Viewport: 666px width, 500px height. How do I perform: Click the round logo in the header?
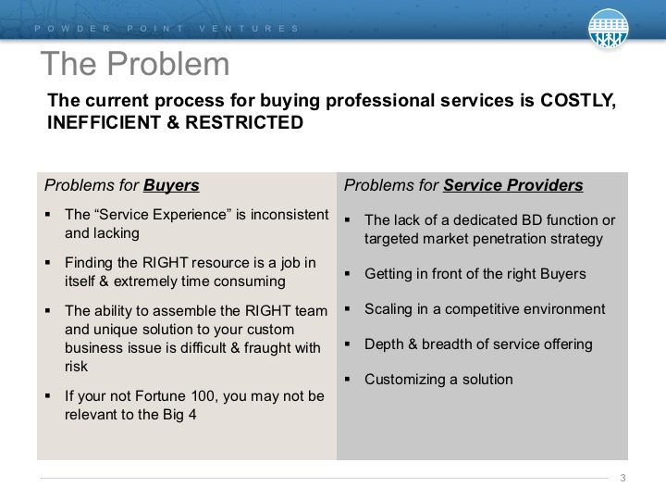tap(609, 28)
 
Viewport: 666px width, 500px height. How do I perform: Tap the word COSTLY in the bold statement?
tap(577, 101)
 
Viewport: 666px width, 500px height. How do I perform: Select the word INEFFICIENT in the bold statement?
tap(104, 122)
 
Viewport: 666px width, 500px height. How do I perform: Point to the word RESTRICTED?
tap(244, 122)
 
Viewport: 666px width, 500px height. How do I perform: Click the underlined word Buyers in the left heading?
tap(171, 186)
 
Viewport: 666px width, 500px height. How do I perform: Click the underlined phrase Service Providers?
tap(513, 185)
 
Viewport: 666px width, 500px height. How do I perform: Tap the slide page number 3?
tap(623, 478)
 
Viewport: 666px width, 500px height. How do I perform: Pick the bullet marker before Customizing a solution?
tap(348, 380)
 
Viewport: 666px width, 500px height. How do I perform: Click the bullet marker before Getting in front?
tap(348, 274)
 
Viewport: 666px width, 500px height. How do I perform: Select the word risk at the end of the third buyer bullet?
tap(76, 367)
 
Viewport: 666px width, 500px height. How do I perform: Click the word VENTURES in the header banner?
tap(249, 29)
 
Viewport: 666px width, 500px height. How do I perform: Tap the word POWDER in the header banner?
tap(72, 29)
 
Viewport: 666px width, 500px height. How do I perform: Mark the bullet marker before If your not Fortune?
tap(47, 396)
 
